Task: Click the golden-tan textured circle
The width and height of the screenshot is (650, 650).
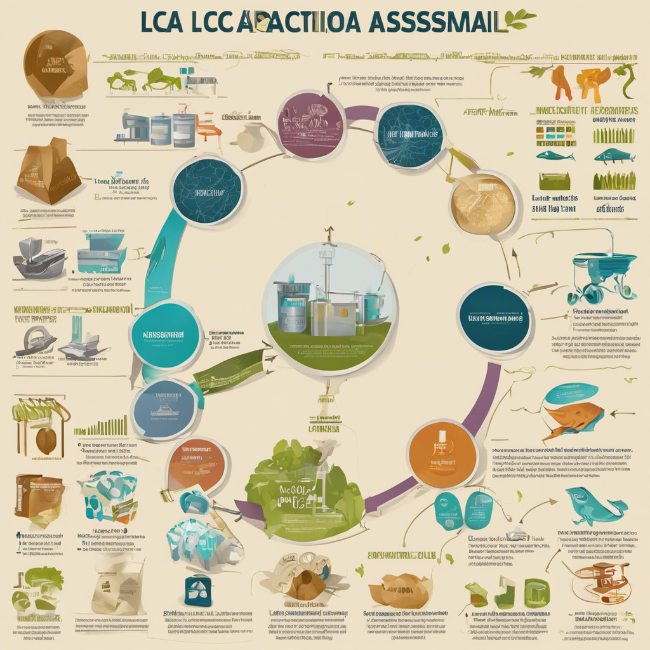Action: pyautogui.click(x=483, y=203)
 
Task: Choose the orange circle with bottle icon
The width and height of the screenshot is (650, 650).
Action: pyautogui.click(x=442, y=453)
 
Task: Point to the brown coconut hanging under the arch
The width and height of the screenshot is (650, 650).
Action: pyautogui.click(x=45, y=440)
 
